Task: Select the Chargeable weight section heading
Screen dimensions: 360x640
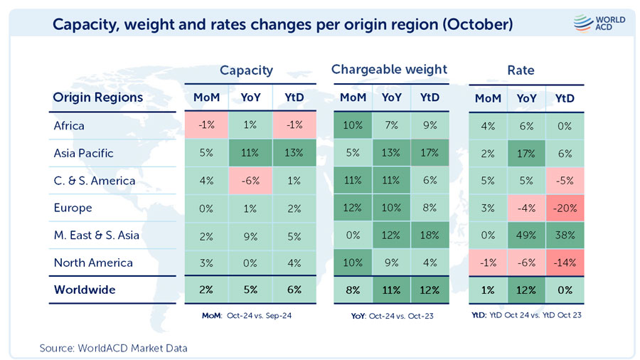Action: point(389,69)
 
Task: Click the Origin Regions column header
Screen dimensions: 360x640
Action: point(98,97)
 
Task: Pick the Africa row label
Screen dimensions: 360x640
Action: point(69,126)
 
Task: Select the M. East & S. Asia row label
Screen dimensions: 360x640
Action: point(97,235)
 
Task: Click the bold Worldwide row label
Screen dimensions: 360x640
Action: point(85,290)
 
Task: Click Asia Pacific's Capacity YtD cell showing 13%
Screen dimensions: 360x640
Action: point(294,153)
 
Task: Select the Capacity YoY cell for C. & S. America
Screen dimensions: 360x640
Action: point(250,181)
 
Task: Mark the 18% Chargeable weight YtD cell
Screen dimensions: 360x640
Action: point(430,235)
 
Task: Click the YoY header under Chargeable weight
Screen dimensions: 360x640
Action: point(392,97)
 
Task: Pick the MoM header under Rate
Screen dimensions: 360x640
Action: point(488,97)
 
